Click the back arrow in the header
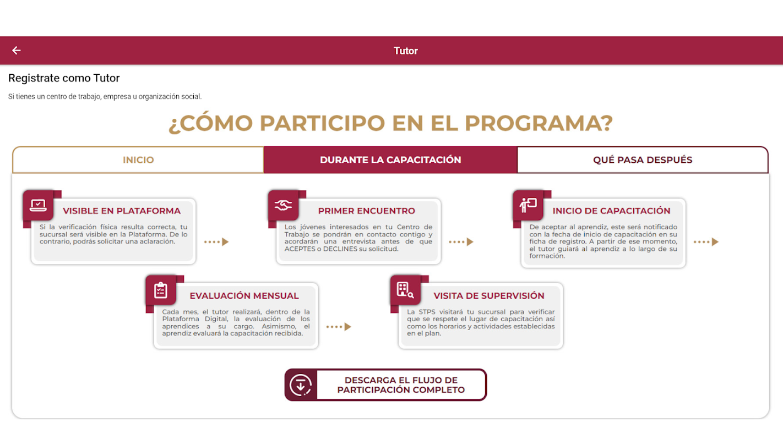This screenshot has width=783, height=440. pyautogui.click(x=17, y=51)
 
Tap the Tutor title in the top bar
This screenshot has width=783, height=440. pyautogui.click(x=406, y=51)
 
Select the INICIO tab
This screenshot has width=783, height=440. pyautogui.click(x=138, y=160)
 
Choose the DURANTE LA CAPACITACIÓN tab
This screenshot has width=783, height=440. pyautogui.click(x=390, y=160)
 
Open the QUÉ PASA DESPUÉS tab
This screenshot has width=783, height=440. pyautogui.click(x=643, y=160)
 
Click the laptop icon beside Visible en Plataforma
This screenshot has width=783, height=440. pyautogui.click(x=38, y=206)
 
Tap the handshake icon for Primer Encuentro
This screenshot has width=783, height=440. pyautogui.click(x=283, y=206)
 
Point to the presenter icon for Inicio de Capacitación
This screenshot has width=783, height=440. pyautogui.click(x=528, y=206)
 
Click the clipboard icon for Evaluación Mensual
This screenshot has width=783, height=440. pyautogui.click(x=161, y=290)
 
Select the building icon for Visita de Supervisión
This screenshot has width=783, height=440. pyautogui.click(x=405, y=290)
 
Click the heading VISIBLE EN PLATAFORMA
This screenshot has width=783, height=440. pyautogui.click(x=122, y=211)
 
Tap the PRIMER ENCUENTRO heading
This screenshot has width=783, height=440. pyautogui.click(x=367, y=211)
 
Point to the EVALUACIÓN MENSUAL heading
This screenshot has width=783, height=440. pyautogui.click(x=244, y=296)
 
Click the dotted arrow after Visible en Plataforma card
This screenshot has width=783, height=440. pyautogui.click(x=216, y=242)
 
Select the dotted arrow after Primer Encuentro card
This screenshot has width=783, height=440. pyautogui.click(x=461, y=242)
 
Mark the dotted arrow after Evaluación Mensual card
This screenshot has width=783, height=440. pyautogui.click(x=339, y=327)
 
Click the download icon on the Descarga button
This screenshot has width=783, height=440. pyautogui.click(x=301, y=385)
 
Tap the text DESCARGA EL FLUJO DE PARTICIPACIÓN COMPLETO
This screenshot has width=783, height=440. pyautogui.click(x=401, y=385)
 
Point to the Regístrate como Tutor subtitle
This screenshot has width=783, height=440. pyautogui.click(x=64, y=78)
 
